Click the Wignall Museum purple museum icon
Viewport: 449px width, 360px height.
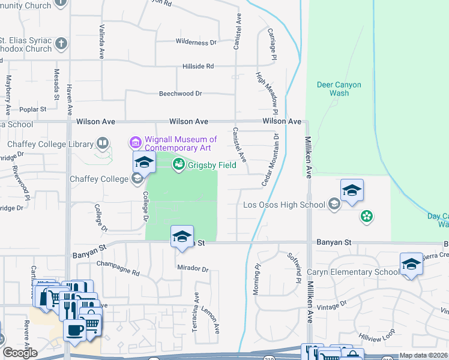pyautogui.click(x=136, y=143)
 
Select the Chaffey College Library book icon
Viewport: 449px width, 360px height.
pyautogui.click(x=103, y=143)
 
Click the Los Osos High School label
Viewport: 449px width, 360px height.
pyautogui.click(x=285, y=205)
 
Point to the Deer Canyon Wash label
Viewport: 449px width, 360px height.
pyautogui.click(x=339, y=89)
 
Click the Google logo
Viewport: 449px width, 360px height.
pyautogui.click(x=19, y=353)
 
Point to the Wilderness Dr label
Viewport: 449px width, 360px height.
pyautogui.click(x=196, y=42)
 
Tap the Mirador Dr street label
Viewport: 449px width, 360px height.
pyautogui.click(x=193, y=269)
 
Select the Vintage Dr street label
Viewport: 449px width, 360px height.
pyautogui.click(x=332, y=305)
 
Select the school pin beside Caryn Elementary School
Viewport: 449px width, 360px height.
pyautogui.click(x=411, y=264)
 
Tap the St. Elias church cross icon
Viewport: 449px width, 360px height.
pyautogui.click(x=61, y=43)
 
